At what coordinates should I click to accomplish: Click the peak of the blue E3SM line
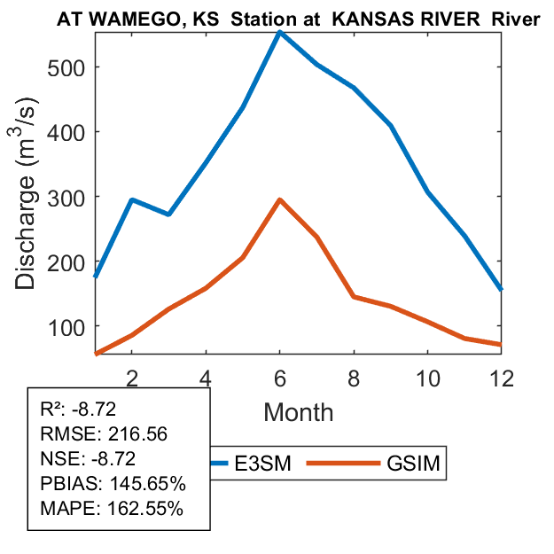[x=279, y=33]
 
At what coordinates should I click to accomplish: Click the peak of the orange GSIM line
[x=279, y=200]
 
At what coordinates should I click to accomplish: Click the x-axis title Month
[x=298, y=412]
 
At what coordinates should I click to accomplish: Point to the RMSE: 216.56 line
[x=105, y=434]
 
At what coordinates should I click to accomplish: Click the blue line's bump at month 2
[x=131, y=200]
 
